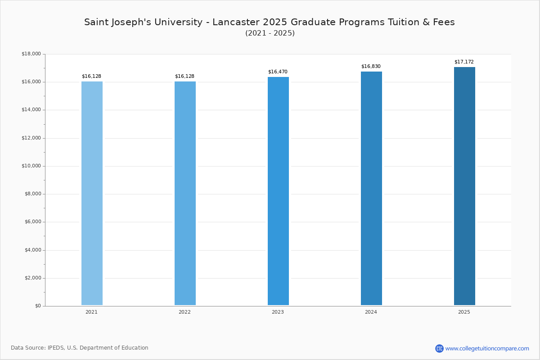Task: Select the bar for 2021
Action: (x=92, y=193)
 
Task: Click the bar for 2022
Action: (x=185, y=193)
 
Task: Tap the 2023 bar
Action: (x=278, y=191)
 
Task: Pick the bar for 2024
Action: (x=371, y=188)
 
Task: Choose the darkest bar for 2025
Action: (x=464, y=186)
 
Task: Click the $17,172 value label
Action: (x=464, y=62)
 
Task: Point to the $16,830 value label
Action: (x=371, y=66)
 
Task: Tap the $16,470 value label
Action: (x=278, y=72)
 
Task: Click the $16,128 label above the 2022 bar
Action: (x=184, y=76)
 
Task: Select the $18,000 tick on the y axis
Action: (x=31, y=54)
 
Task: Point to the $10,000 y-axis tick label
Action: (x=31, y=166)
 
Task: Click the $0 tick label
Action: (x=38, y=306)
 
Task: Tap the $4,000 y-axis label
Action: (x=33, y=250)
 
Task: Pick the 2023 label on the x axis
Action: (x=278, y=312)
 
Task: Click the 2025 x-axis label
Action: (x=464, y=312)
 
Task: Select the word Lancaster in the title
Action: (x=236, y=22)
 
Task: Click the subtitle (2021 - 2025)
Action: (x=270, y=33)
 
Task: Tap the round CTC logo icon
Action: (x=439, y=348)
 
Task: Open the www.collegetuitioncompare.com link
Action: (x=487, y=349)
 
